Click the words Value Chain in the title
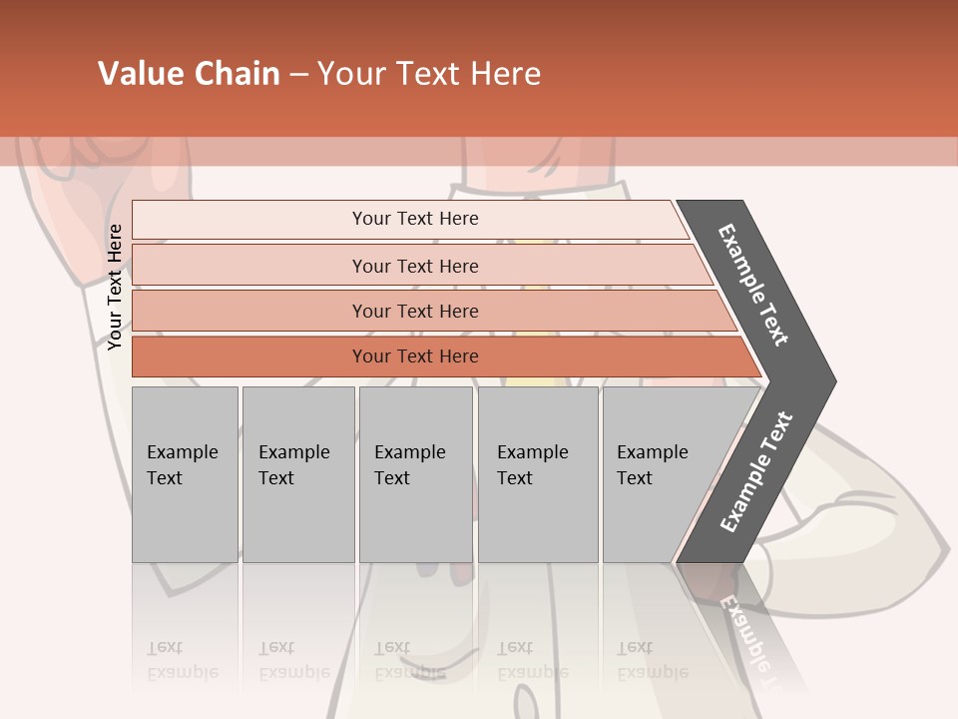point(189,74)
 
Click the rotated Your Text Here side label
point(115,287)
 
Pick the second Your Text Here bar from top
point(414,266)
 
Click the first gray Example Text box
point(185,474)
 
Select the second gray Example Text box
point(298,474)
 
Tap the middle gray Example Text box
point(415,474)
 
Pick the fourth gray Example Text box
point(538,474)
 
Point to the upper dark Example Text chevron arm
point(754,285)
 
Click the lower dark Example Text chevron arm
point(755,472)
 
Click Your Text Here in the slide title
point(429,74)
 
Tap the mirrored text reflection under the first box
point(183,660)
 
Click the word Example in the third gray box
point(409,452)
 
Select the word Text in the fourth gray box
point(515,478)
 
